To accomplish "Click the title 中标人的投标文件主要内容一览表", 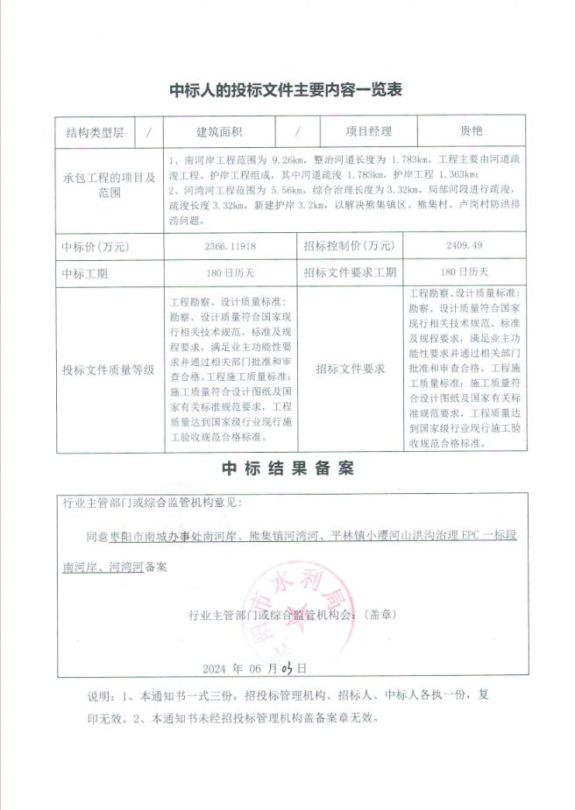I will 286,90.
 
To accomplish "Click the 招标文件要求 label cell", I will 350,369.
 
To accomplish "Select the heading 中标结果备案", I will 287,468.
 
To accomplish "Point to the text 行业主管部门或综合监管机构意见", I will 153,504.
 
